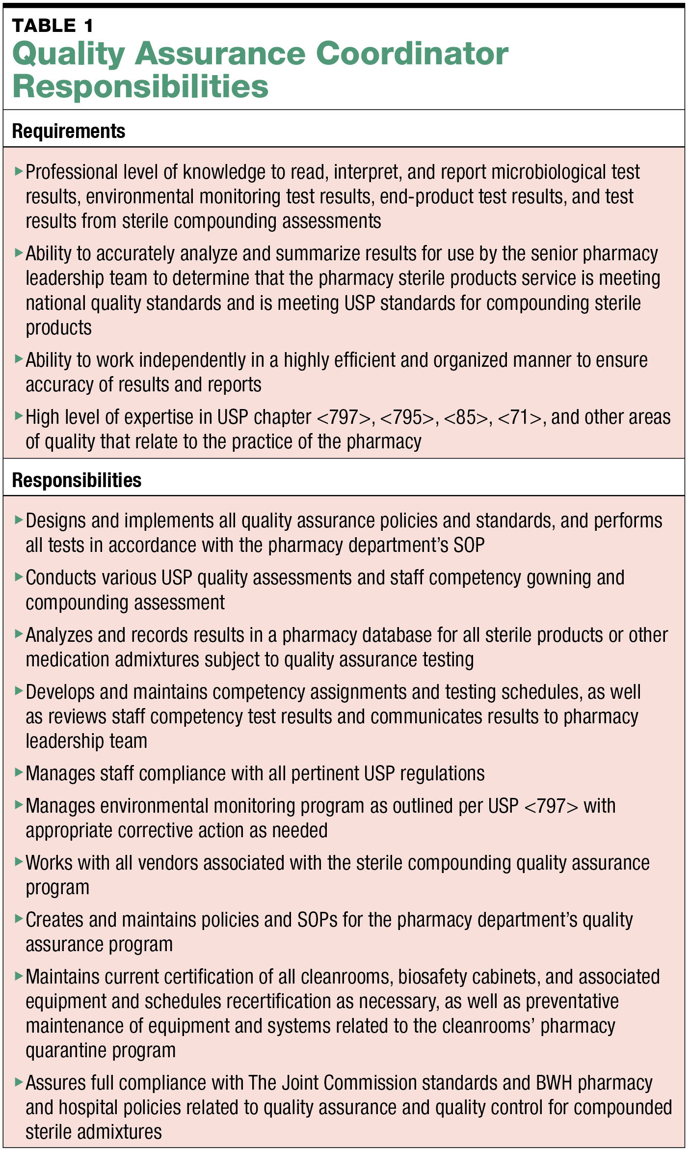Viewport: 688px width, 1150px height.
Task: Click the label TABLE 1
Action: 53,26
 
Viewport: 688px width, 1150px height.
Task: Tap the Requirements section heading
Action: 69,131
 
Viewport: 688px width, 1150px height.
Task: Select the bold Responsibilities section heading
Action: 77,480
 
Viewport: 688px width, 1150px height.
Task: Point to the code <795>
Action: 408,417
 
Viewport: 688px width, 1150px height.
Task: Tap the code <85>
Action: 466,417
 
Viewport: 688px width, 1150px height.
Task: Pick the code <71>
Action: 520,417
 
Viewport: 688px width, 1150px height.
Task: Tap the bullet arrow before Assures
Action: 19,1081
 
